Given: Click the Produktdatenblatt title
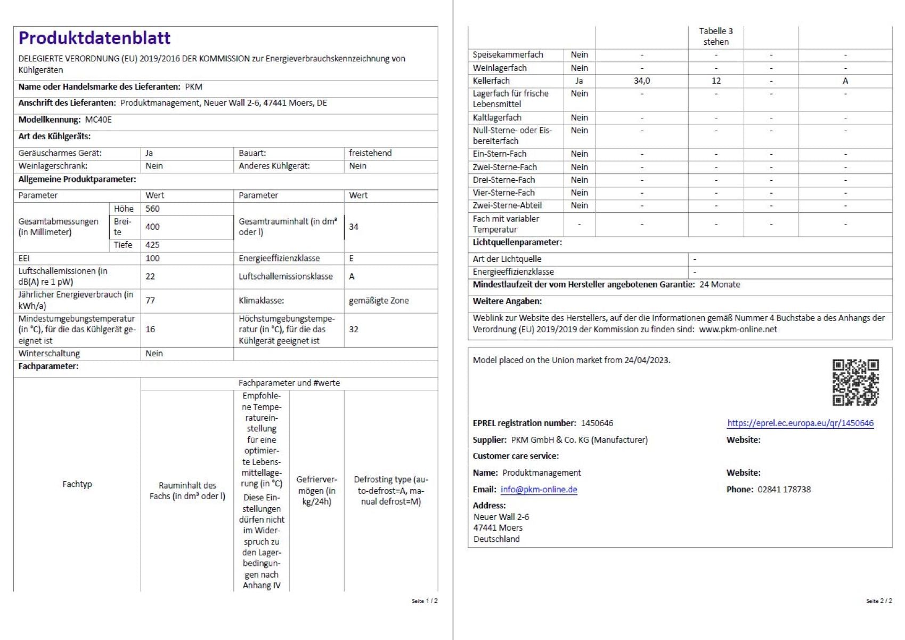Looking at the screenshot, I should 94,38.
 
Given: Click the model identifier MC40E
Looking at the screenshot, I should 99,119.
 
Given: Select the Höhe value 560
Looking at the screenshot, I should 152,209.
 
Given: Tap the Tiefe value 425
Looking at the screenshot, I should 152,245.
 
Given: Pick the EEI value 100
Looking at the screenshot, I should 152,258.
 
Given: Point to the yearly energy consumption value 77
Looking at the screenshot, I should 150,300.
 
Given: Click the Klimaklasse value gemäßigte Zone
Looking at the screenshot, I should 379,300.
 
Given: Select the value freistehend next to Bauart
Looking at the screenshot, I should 370,153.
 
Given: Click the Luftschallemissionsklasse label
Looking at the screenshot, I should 286,276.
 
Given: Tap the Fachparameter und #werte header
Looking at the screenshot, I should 289,383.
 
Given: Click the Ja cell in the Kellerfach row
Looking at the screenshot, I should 579,81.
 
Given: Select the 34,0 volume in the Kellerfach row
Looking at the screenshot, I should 642,81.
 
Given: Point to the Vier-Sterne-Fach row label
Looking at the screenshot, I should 504,193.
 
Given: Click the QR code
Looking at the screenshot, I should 855,382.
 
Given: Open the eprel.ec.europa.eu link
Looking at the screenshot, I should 800,423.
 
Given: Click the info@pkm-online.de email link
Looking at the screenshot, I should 539,489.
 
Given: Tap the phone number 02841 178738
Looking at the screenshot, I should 784,489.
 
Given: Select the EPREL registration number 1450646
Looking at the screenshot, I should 597,423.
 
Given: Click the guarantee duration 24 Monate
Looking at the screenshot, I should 720,284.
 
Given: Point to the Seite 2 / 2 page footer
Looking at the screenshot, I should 879,601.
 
